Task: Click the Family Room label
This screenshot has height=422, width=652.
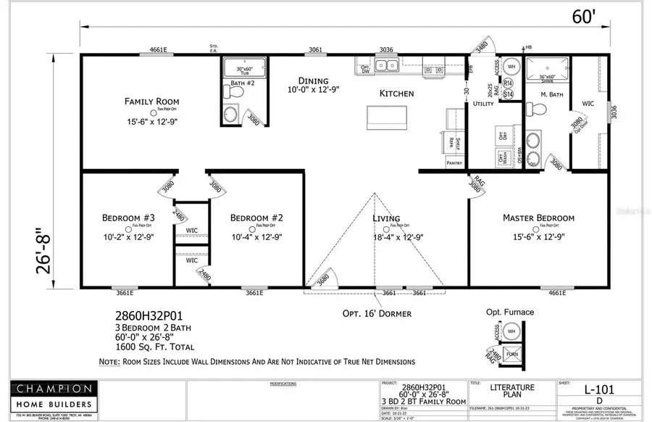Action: click(151, 102)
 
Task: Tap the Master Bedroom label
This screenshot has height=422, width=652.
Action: click(538, 218)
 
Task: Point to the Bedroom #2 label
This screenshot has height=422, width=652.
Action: click(256, 218)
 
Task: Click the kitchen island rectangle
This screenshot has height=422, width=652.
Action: click(384, 116)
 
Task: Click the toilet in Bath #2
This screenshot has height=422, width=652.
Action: click(230, 114)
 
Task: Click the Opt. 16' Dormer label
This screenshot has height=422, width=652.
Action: click(376, 314)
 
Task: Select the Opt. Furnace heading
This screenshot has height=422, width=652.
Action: click(510, 313)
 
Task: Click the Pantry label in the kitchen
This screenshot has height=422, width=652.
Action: click(454, 164)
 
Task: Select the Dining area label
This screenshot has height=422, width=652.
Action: click(313, 80)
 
